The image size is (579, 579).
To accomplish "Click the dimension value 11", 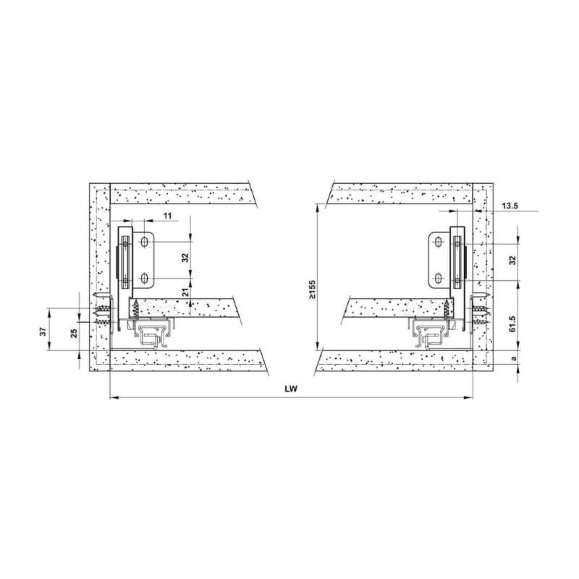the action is [168, 216].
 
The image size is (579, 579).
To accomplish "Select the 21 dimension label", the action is [186, 292].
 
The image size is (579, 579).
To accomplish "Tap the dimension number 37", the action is [43, 331].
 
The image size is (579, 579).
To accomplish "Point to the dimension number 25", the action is [75, 333].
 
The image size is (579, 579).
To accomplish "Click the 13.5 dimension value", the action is [510, 206].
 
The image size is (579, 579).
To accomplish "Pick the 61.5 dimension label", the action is [512, 324].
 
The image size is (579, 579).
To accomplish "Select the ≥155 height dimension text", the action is [313, 289].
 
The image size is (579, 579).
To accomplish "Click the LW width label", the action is [291, 389].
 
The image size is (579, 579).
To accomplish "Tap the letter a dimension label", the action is [513, 358].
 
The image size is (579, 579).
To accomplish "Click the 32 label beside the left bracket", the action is [186, 258].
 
